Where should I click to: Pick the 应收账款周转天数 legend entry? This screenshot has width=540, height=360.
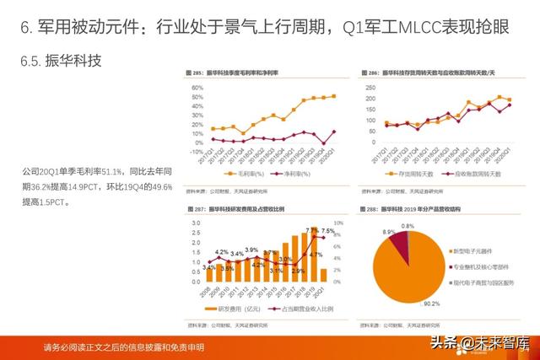(478, 174)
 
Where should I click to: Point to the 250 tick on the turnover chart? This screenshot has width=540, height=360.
(373, 84)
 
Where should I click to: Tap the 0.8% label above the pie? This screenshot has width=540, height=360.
(408, 226)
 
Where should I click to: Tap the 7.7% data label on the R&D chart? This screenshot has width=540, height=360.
(312, 231)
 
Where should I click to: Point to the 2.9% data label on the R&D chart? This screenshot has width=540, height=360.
(296, 271)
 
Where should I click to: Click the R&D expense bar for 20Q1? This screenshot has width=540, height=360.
(323, 274)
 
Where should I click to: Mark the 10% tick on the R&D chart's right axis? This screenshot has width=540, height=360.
(336, 223)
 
